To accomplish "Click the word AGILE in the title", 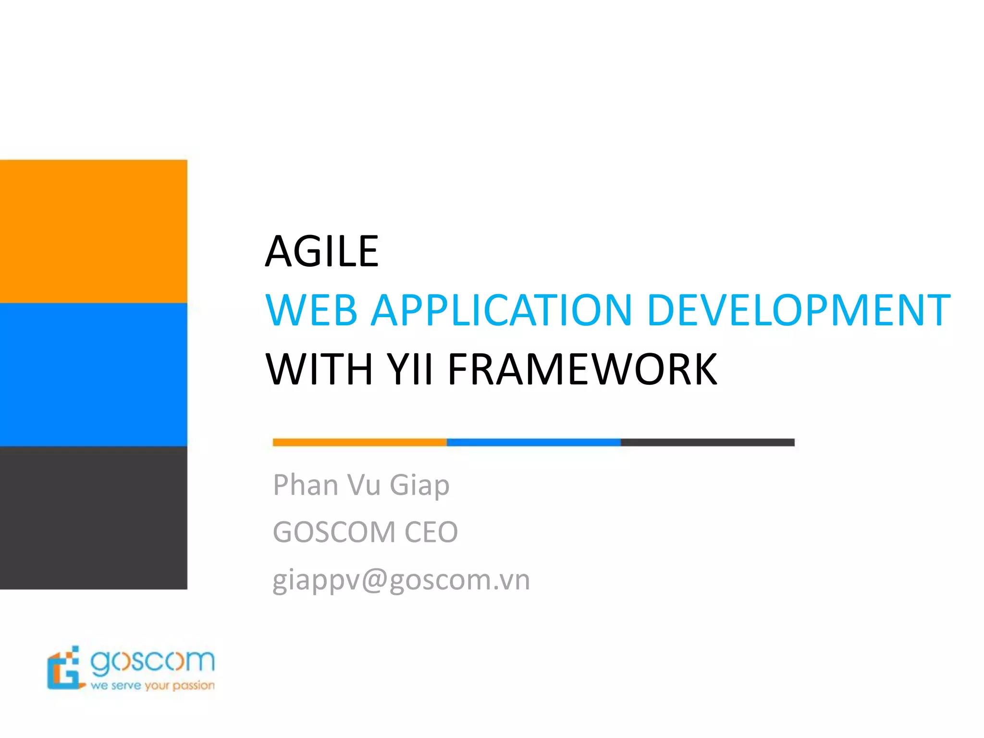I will coord(322,251).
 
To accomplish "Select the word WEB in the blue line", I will coord(312,310).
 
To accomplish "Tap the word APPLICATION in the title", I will coord(502,310).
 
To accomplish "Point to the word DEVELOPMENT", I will coord(798,310).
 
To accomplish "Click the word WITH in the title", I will coord(320,369).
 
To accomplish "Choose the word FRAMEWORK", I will coord(582,369).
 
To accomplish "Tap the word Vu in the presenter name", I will coord(364,485).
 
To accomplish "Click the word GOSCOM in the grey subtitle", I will coord(334,532).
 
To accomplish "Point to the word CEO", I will coord(431,532).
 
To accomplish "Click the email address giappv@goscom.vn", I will coord(401,580).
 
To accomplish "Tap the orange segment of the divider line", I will coord(359,443).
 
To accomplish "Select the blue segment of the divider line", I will coord(533,443).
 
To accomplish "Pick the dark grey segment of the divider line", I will coord(707,443).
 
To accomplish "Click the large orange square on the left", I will coord(93,231).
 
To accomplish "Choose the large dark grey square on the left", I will coord(93,517).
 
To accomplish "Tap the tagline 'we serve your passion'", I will coord(152,686).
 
